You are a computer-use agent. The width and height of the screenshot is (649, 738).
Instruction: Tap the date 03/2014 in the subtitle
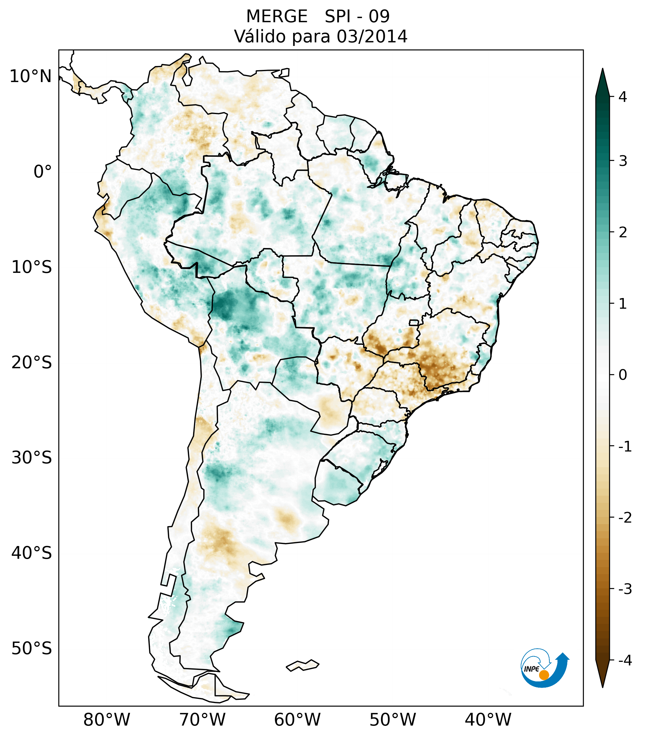pyautogui.click(x=372, y=36)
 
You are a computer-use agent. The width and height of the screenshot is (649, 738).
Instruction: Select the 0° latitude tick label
pyautogui.click(x=43, y=172)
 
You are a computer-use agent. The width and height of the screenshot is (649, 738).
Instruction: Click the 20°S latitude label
pyautogui.click(x=32, y=363)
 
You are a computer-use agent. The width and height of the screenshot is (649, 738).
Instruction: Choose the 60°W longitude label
pyautogui.click(x=297, y=720)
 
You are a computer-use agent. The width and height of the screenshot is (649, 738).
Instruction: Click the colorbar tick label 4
pyautogui.click(x=623, y=97)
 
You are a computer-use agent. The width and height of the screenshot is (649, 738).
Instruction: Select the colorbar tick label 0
pyautogui.click(x=623, y=375)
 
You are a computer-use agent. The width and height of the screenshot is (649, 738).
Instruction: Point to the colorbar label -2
pyautogui.click(x=625, y=518)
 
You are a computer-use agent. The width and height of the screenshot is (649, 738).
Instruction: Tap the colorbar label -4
pyautogui.click(x=625, y=661)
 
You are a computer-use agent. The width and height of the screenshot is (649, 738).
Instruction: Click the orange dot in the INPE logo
pyautogui.click(x=544, y=675)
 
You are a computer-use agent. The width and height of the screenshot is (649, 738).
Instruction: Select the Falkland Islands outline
pyautogui.click(x=302, y=665)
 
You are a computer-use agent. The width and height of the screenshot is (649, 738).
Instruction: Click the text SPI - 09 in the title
pyautogui.click(x=357, y=17)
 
